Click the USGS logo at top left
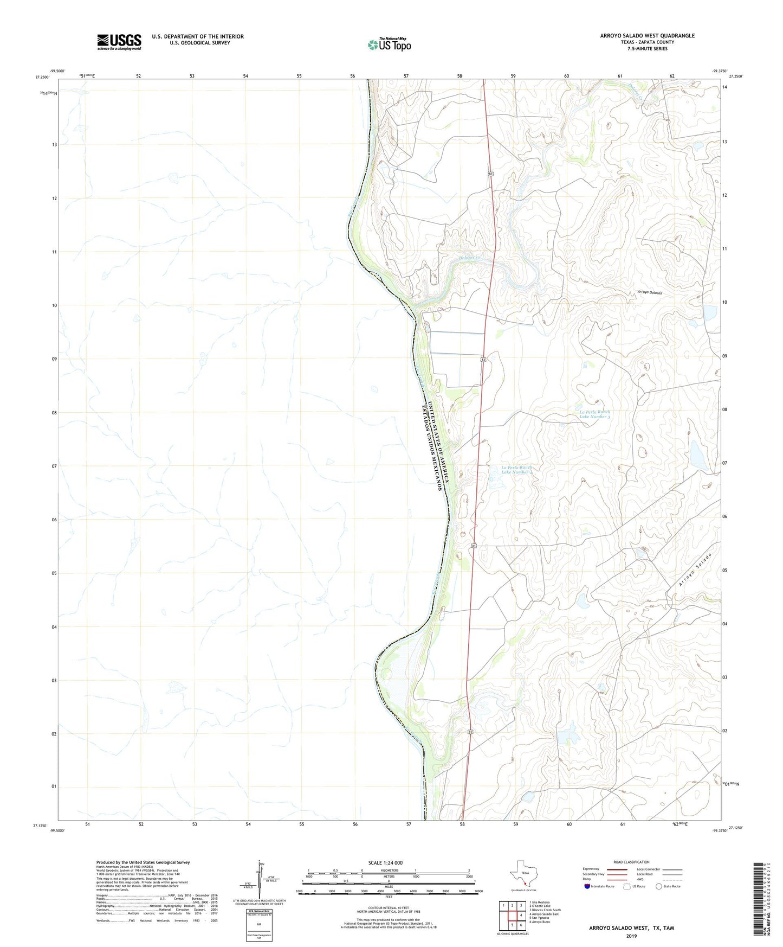pyautogui.click(x=119, y=42)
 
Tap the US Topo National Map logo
pyautogui.click(x=390, y=44)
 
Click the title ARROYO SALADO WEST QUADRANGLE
pyautogui.click(x=647, y=36)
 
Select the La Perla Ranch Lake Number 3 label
pyautogui.click(x=595, y=414)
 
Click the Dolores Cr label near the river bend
pyautogui.click(x=469, y=258)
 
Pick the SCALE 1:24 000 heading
pyautogui.click(x=385, y=863)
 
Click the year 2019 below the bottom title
pyautogui.click(x=631, y=936)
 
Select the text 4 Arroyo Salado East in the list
pyautogui.click(x=544, y=914)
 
